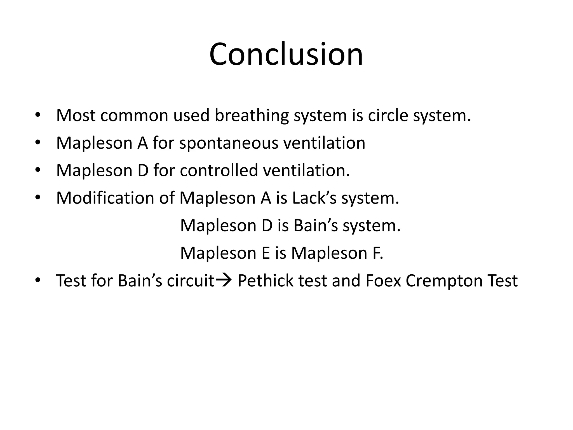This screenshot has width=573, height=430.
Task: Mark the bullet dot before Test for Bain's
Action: [x=38, y=280]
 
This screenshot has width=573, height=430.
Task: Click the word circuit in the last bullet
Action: [x=191, y=281]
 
